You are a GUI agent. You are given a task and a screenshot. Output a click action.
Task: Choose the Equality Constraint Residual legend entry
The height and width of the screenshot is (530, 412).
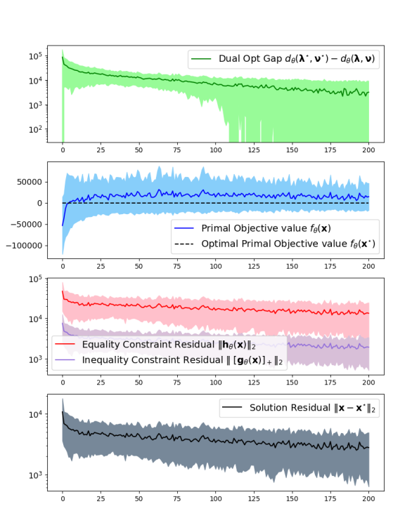tap(169, 345)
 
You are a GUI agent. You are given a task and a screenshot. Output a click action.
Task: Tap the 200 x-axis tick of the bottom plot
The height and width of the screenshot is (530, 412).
tap(368, 502)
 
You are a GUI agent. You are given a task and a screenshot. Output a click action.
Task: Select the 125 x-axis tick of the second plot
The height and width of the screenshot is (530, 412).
tap(254, 266)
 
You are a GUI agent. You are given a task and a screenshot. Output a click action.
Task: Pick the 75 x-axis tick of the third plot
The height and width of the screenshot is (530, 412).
tap(177, 383)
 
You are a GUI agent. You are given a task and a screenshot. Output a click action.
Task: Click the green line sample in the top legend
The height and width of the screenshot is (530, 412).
tap(202, 61)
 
